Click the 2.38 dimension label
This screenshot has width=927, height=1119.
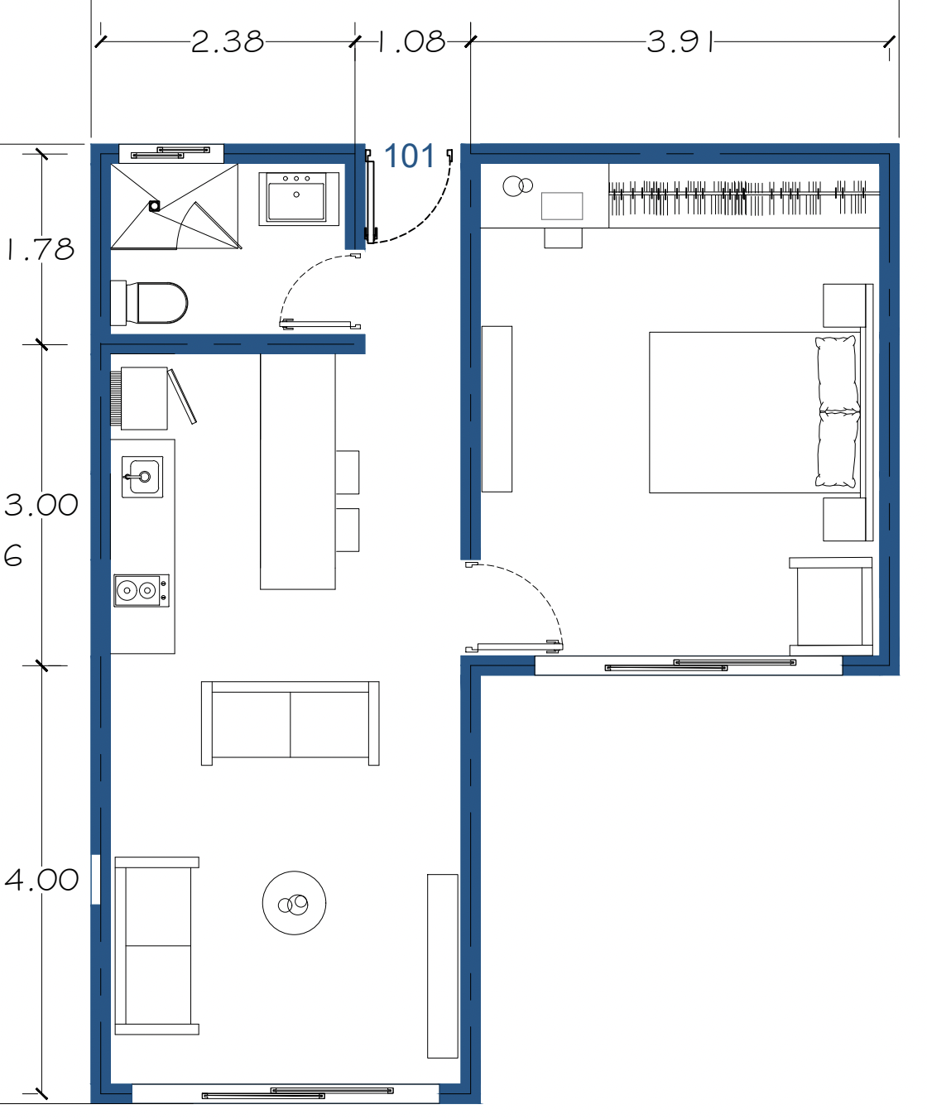227,42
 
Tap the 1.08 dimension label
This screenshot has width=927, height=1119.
411,42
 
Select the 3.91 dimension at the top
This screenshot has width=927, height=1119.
680,42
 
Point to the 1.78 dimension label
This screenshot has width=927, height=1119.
41,249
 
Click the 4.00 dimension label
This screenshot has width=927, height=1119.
41,880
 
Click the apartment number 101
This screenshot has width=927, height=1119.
410,156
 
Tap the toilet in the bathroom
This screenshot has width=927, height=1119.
149,303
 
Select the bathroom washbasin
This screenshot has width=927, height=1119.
299,199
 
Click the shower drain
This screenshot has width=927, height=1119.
154,206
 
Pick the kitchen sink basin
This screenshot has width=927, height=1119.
142,477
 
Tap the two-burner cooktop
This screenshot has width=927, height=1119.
142,591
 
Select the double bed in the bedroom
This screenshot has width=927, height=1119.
756,412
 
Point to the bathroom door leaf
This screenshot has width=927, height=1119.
319,324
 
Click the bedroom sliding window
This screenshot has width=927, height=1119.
689,665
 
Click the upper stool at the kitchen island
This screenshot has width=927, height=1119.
348,472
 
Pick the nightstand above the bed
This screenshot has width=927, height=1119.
844,305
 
